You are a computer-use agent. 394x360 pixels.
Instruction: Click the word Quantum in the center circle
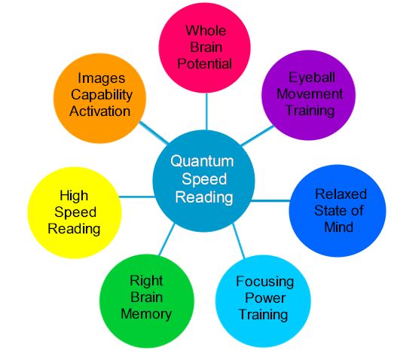(x=202, y=161)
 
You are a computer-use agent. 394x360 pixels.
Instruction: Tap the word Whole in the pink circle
(x=206, y=31)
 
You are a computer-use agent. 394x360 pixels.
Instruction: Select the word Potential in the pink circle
(x=205, y=63)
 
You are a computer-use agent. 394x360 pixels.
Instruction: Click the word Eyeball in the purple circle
(x=312, y=78)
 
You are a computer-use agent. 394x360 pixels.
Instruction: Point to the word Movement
(x=310, y=94)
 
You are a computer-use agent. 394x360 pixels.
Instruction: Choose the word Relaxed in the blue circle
(x=341, y=194)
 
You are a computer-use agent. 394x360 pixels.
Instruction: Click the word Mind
(x=339, y=227)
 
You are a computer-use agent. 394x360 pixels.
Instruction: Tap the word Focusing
(x=265, y=282)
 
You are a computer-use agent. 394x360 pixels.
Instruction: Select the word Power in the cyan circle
(x=265, y=298)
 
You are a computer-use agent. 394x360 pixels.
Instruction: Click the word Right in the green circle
(x=146, y=281)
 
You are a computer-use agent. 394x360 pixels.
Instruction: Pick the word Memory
(x=146, y=314)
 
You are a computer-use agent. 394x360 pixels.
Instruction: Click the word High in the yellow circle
(x=74, y=196)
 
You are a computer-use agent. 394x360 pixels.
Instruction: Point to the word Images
(x=102, y=78)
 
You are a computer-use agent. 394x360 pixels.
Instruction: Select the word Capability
(x=102, y=95)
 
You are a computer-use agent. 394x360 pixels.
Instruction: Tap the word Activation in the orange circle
(x=99, y=111)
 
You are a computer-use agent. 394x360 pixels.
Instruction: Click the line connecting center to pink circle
(x=206, y=111)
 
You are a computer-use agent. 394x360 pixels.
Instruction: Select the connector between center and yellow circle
(x=137, y=197)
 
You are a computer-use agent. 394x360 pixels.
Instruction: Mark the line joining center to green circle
(x=166, y=239)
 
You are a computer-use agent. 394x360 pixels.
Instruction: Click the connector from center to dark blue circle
(x=270, y=200)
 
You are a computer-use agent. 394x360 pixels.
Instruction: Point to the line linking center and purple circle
(x=258, y=136)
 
